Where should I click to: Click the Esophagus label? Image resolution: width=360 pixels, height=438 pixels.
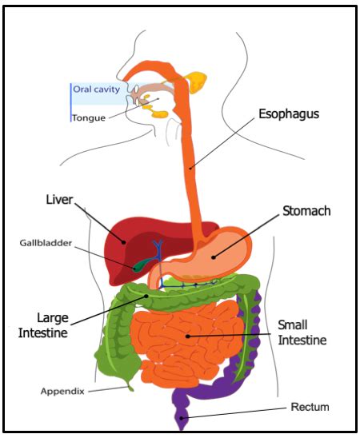coord(289,114)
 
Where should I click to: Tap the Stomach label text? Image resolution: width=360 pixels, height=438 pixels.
coord(306,211)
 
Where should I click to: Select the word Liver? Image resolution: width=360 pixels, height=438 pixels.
coord(59,197)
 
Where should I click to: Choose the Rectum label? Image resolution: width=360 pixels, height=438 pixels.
coord(310,407)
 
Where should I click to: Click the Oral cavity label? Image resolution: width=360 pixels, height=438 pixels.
coord(96,90)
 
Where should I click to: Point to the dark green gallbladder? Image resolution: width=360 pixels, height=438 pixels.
coord(142,265)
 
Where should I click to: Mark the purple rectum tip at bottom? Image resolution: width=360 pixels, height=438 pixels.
coord(183,416)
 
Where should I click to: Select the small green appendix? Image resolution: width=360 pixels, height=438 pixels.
coord(126,387)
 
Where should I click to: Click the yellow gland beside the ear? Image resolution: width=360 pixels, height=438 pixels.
coord(196,81)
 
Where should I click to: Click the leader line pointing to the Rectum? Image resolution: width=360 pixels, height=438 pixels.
coord(240,412)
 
